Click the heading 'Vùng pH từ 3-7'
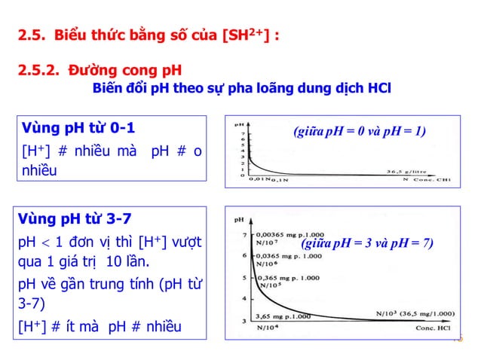pyautogui.click(x=76, y=219)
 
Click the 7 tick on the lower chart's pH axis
pyautogui.click(x=244, y=235)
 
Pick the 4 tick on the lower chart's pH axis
pyautogui.click(x=244, y=299)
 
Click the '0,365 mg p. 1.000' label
pyautogui.click(x=292, y=277)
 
